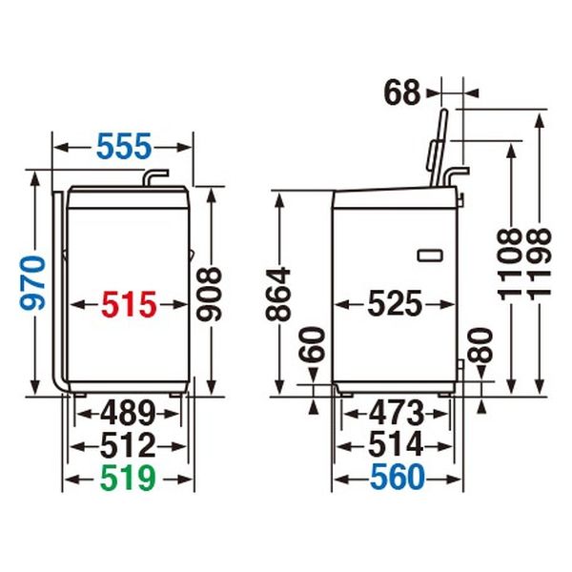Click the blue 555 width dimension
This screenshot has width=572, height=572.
124,146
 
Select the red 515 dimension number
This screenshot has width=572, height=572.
129,304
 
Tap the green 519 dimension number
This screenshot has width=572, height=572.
128,479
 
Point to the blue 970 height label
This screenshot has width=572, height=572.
33,283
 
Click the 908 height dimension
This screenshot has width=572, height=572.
209,294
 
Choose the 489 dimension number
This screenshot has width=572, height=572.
128,414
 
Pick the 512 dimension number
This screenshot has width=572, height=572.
128,445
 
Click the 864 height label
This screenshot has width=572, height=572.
278,295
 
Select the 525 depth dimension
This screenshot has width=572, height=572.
395,303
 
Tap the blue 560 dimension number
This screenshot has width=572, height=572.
398,478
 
